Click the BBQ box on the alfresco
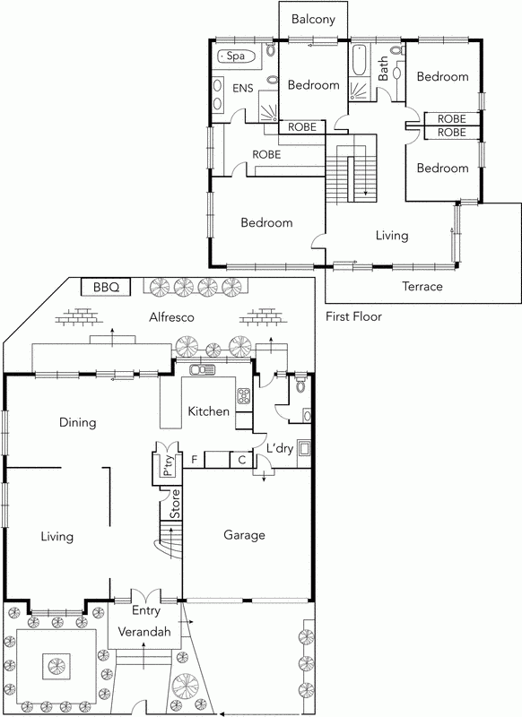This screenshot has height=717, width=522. coord(107,287)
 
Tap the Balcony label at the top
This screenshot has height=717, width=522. coord(312,18)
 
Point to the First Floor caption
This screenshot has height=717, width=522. coord(354,316)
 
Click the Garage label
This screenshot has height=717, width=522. coord(244,535)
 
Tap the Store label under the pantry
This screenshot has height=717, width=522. coord(176,508)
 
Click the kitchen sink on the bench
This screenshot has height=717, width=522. coord(203,369)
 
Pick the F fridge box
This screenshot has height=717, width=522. coord(194,460)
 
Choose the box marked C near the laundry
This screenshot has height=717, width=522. coord(241,460)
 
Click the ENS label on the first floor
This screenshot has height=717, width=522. coord(242,88)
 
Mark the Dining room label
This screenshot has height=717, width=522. coord(77,422)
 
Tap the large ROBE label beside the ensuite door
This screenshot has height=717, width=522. coord(266,154)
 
